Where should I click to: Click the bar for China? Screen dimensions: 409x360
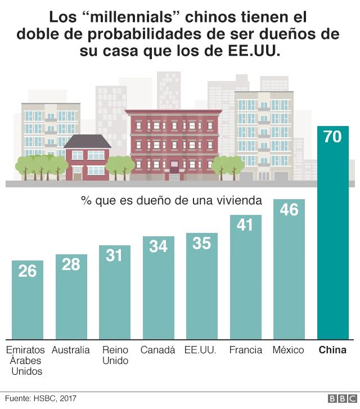coord(333,236)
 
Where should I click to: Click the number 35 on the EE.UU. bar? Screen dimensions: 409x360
coord(201,243)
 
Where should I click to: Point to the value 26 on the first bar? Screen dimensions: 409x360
coord(27,271)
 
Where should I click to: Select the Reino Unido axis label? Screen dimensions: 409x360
coord(115,355)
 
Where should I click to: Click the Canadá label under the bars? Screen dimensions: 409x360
coord(158,350)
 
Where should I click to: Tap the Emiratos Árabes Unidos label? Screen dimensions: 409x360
coord(26,360)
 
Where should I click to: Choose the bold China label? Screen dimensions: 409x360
coord(333,350)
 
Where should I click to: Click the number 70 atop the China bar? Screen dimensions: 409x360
coord(333,137)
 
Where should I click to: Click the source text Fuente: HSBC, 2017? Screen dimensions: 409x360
coord(40,398)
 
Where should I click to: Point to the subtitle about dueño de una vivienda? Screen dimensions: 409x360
coord(172,200)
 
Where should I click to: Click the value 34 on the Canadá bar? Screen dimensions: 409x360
coord(158,246)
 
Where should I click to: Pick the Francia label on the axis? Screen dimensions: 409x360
coord(245,350)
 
